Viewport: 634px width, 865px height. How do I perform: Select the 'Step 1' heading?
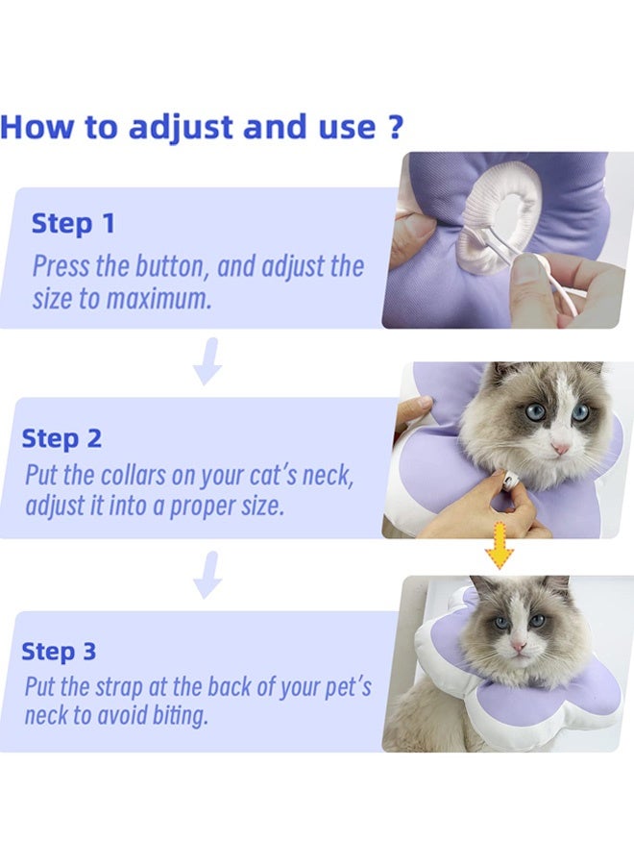(x=73, y=224)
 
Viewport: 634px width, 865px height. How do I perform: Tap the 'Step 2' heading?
(x=61, y=438)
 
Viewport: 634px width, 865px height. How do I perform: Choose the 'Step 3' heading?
(x=60, y=651)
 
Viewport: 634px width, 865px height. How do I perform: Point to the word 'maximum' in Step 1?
(x=158, y=298)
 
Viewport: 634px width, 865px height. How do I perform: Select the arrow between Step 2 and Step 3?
(x=207, y=575)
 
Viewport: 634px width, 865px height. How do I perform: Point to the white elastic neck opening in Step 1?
(x=500, y=206)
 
